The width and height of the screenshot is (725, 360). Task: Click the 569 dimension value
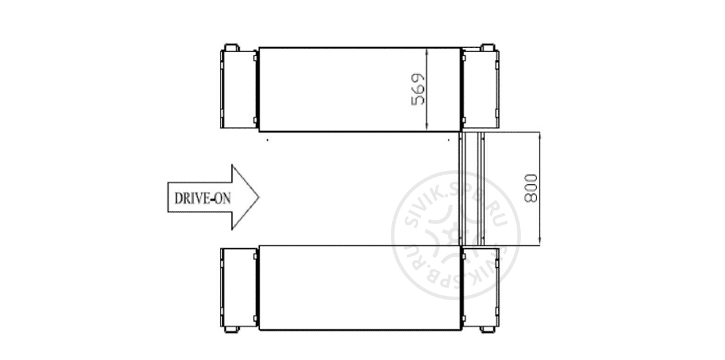[417, 89]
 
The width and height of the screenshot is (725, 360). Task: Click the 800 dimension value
[531, 188]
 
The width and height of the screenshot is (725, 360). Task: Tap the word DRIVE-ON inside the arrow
[202, 198]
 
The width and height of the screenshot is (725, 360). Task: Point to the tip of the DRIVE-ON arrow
[259, 197]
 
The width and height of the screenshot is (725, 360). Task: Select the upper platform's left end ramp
[239, 89]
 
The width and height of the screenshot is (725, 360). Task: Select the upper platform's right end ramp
[480, 89]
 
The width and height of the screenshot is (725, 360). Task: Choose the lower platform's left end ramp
[239, 288]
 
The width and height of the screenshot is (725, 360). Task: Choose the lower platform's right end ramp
[480, 288]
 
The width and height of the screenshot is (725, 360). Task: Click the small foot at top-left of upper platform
[231, 47]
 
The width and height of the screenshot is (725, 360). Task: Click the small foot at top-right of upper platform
[488, 47]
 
